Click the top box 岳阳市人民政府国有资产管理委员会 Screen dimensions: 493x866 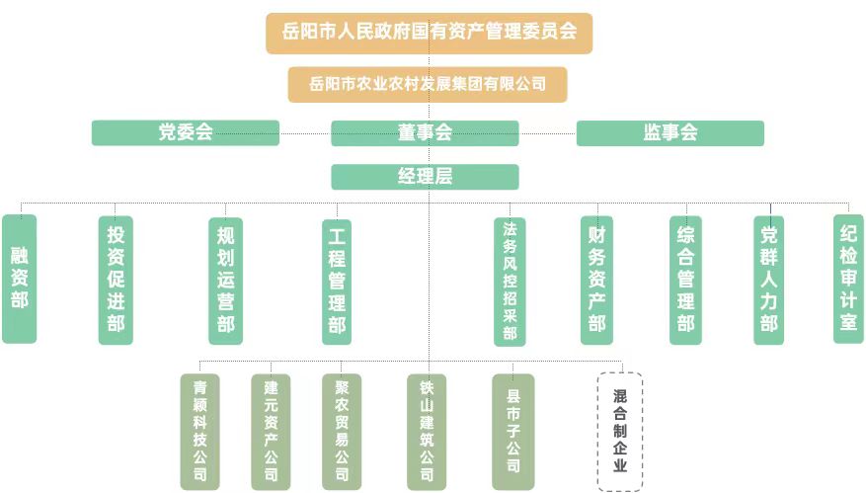coord(429,33)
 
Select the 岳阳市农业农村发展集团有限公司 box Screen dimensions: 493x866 coord(428,84)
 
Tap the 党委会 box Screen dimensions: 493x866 coord(186,132)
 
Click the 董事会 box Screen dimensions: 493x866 coord(425,132)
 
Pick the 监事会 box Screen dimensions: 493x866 coord(669,132)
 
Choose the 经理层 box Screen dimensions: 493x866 coord(425,177)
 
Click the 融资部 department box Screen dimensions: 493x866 coord(20,279)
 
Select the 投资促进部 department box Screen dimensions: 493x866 coord(116,279)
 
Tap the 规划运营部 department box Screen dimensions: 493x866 coord(226,279)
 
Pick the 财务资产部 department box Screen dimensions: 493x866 coord(596,280)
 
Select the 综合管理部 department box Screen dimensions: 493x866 coord(685,280)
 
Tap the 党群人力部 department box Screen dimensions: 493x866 coord(769,280)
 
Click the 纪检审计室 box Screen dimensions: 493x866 coord(848,279)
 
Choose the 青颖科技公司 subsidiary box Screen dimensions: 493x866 coord(199,431)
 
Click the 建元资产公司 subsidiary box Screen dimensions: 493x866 coord(271,431)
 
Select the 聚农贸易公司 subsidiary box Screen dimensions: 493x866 coord(342,431)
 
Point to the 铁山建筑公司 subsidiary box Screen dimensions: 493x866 coord(427,431)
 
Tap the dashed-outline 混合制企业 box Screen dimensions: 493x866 coord(620,431)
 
